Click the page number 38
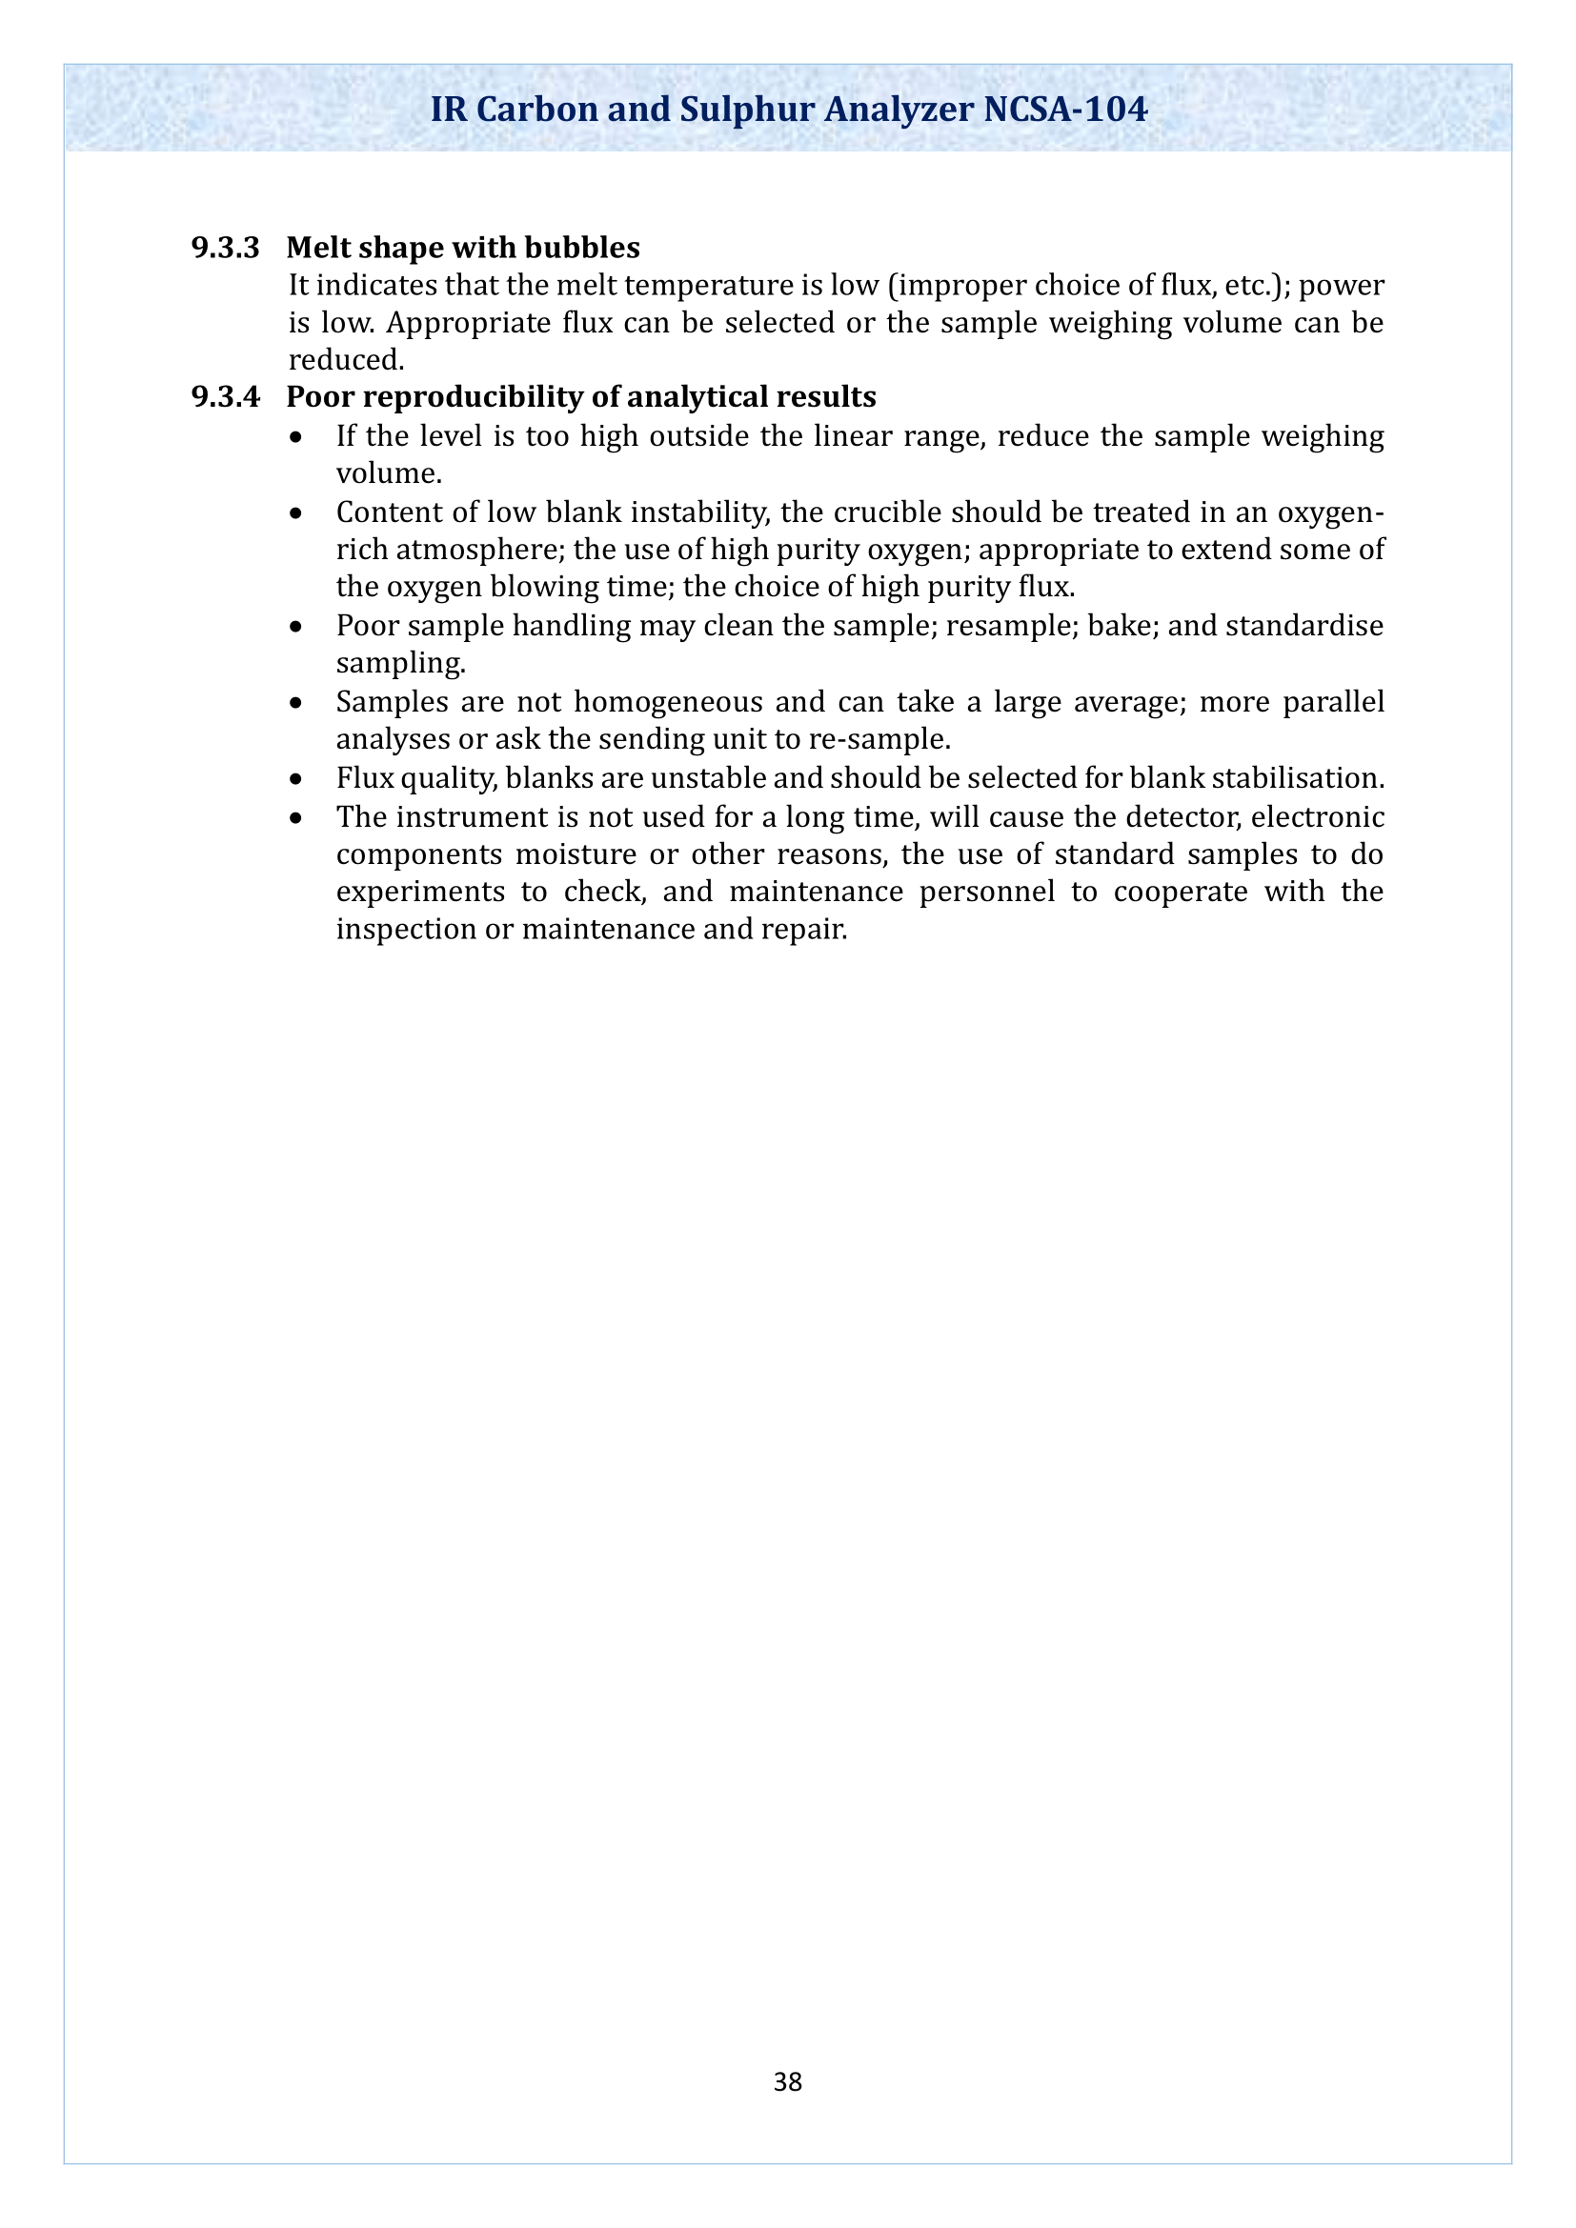coord(787,2081)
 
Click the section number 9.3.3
coord(225,249)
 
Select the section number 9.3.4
coord(225,398)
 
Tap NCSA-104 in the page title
coord(1064,109)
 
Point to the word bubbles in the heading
coord(582,249)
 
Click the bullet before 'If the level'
coord(296,437)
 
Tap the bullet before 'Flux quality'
coord(296,779)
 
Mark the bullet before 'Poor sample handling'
coord(296,627)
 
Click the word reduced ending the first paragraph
coord(345,361)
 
